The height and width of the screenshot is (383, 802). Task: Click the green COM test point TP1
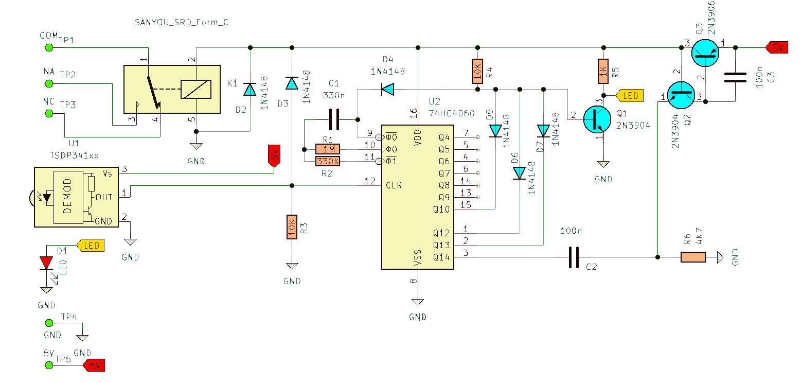pyautogui.click(x=49, y=48)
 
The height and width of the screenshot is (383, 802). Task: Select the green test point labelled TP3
pyautogui.click(x=49, y=114)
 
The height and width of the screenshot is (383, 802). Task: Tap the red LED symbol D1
pyautogui.click(x=46, y=263)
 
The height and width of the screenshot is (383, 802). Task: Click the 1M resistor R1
pyautogui.click(x=328, y=149)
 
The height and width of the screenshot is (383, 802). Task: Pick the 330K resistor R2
pyautogui.click(x=328, y=161)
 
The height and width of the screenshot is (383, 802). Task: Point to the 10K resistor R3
pyautogui.click(x=292, y=227)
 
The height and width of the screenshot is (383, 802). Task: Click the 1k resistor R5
pyautogui.click(x=603, y=71)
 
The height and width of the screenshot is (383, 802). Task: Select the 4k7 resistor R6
pyautogui.click(x=693, y=257)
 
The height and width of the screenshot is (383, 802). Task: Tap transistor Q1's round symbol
pyautogui.click(x=597, y=119)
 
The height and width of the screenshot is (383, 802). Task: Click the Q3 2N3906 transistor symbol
pyautogui.click(x=705, y=53)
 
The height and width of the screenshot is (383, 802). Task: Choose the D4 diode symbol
pyautogui.click(x=388, y=89)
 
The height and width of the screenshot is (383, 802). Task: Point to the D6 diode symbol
pyautogui.click(x=520, y=173)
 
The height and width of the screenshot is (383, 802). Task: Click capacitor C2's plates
pyautogui.click(x=574, y=257)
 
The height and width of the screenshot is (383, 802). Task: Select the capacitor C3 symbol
pyautogui.click(x=735, y=77)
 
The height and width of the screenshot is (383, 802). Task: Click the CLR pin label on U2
pyautogui.click(x=394, y=185)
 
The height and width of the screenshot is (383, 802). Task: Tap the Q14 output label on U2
pyautogui.click(x=441, y=257)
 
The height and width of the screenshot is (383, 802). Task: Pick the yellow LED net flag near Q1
pyautogui.click(x=630, y=96)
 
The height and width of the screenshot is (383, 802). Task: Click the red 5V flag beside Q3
pyautogui.click(x=777, y=48)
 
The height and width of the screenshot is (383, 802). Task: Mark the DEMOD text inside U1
pyautogui.click(x=67, y=196)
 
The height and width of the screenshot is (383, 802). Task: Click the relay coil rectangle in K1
pyautogui.click(x=196, y=89)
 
